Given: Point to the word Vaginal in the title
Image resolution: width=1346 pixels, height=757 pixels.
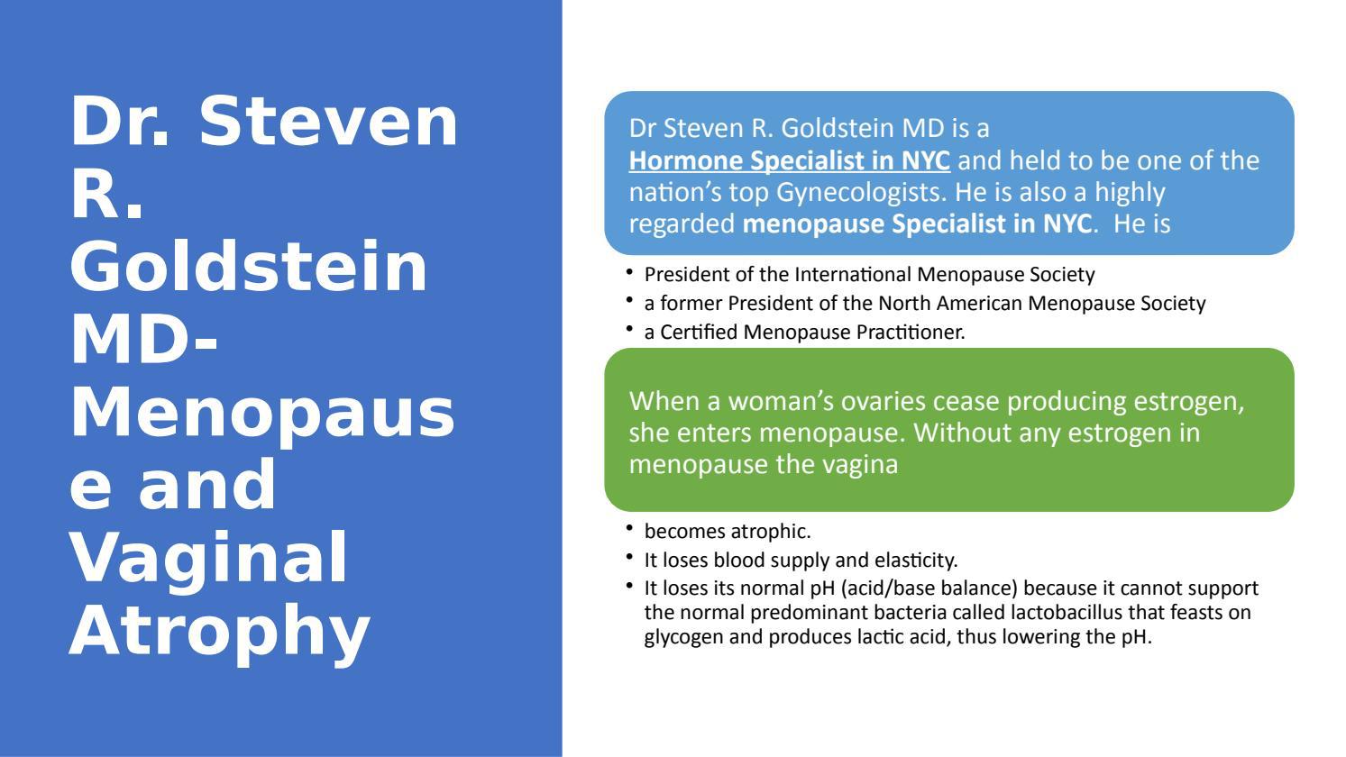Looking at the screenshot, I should pos(208,557).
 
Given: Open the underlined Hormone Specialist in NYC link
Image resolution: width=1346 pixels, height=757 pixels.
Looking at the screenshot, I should pos(789,160).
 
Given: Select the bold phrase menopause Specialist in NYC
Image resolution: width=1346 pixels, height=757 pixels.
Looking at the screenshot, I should pos(916,223).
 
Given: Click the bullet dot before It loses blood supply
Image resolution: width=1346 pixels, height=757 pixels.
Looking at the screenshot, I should pos(628,556).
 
